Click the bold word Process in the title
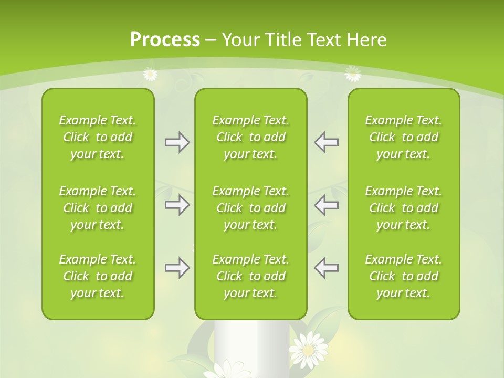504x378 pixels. (165, 39)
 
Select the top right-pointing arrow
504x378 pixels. (177, 142)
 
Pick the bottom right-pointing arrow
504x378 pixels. (177, 268)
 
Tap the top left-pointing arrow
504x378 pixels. (326, 142)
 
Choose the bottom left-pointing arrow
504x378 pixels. (326, 268)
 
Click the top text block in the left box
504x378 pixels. (98, 137)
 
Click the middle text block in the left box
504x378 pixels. (98, 208)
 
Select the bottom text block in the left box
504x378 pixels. (98, 276)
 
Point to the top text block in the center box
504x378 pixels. (250, 137)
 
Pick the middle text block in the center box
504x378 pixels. (250, 208)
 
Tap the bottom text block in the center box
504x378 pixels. (250, 276)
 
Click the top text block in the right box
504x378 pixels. (403, 137)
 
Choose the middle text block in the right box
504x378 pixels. (403, 208)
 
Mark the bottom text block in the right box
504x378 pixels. (403, 276)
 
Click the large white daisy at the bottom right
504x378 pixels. (309, 349)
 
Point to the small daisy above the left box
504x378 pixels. (150, 74)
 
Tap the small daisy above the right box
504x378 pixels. (353, 73)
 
